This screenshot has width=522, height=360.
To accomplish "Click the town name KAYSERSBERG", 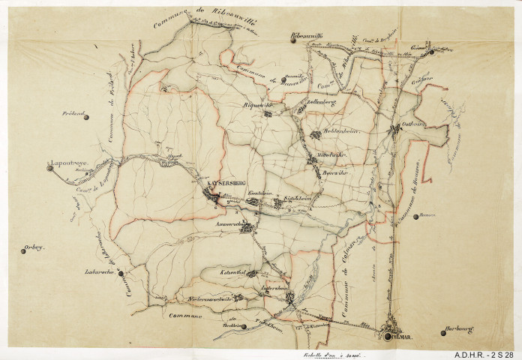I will (222, 183).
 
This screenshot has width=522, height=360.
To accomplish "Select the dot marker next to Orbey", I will (22, 252).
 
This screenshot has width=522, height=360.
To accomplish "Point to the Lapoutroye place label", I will (65, 160).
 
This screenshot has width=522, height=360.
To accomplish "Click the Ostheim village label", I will (413, 124).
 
